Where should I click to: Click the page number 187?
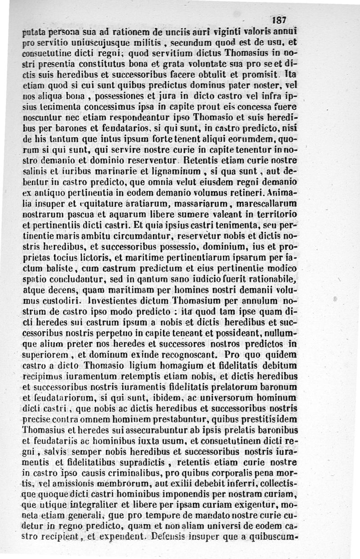click(279, 21)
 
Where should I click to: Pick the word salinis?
click(36, 171)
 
